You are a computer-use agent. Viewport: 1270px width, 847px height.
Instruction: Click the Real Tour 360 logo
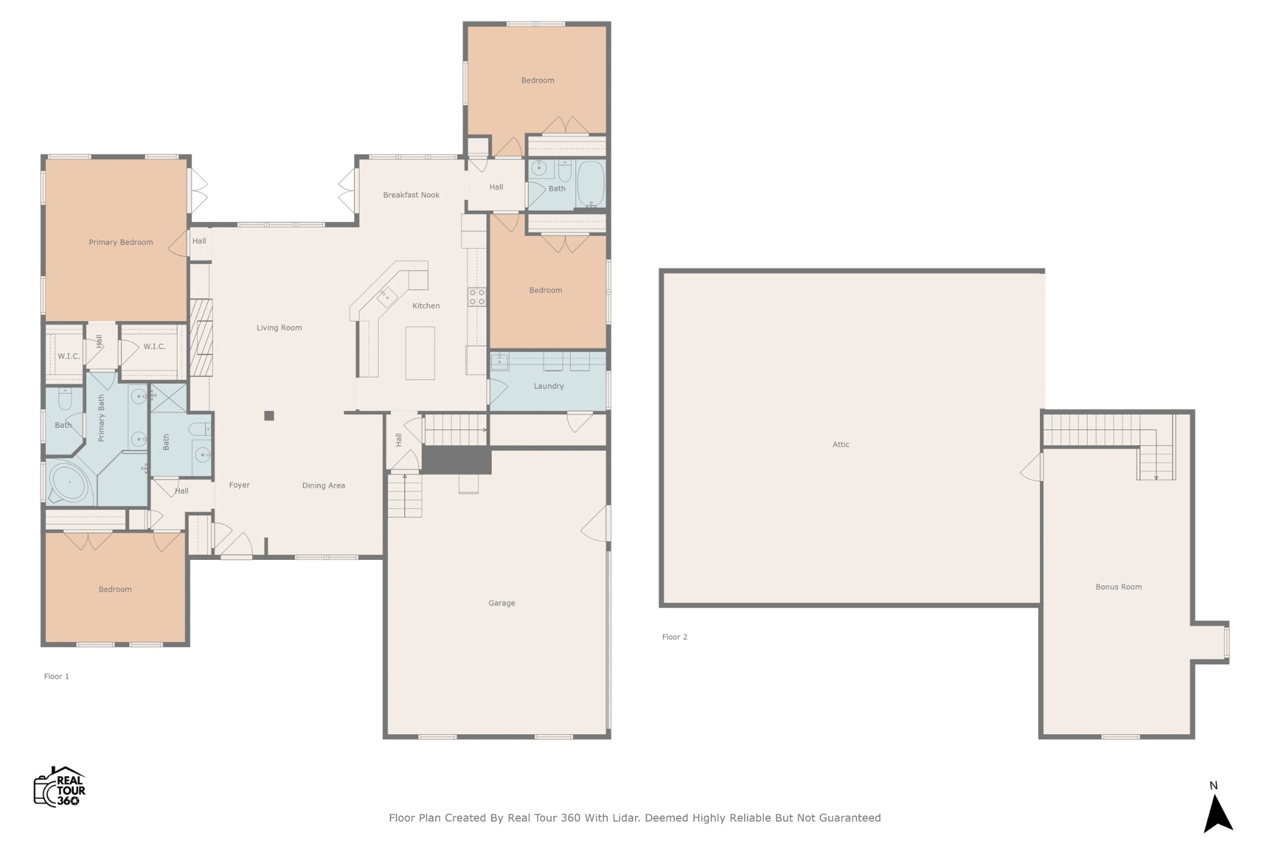click(60, 787)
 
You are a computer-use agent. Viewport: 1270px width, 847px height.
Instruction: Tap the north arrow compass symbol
click(1217, 812)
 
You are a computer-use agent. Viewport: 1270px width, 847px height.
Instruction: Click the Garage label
click(502, 603)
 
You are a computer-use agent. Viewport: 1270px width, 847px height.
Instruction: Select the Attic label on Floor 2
click(841, 444)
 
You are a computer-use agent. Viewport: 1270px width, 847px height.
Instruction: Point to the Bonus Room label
click(1119, 587)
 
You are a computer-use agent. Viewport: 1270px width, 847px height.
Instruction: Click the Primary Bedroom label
click(121, 242)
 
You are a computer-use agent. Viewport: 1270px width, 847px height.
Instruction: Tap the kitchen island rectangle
click(420, 353)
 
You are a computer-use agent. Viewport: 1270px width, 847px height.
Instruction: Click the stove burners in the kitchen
click(477, 297)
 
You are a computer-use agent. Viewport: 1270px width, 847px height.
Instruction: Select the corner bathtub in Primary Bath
click(69, 482)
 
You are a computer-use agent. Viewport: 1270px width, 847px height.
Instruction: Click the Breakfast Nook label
click(411, 195)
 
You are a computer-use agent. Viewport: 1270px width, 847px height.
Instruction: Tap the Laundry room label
click(549, 386)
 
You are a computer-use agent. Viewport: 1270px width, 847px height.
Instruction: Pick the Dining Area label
click(324, 486)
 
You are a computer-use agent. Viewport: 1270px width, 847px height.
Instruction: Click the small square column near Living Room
click(269, 416)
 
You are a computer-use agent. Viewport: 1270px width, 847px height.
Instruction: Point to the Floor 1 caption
click(56, 676)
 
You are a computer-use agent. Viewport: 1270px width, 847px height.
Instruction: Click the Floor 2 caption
click(675, 637)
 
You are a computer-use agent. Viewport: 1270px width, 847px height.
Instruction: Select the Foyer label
click(239, 485)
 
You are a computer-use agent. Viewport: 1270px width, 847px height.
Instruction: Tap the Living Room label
click(280, 328)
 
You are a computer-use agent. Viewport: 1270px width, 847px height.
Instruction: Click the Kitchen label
click(426, 306)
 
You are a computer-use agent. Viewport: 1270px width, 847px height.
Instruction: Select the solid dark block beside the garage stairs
click(457, 460)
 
